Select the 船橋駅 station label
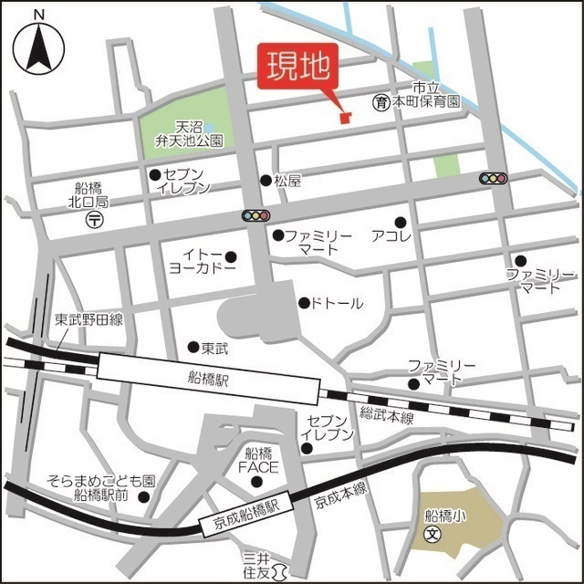[207, 376]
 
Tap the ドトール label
[337, 303]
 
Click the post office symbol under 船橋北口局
[94, 220]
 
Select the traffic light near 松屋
[255, 216]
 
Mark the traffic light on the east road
[494, 179]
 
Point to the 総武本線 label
[387, 417]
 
